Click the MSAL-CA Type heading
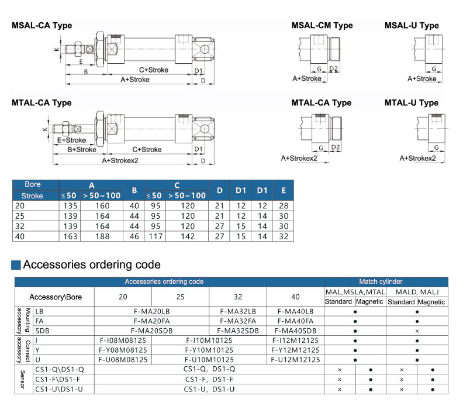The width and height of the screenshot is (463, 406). point(42,26)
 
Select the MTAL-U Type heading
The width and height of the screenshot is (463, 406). point(412,103)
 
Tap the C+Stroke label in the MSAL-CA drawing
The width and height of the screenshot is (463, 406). point(154,70)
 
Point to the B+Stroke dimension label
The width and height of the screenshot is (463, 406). point(81,150)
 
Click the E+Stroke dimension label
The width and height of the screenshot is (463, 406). point(72,140)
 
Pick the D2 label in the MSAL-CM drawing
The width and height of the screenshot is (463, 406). point(333,69)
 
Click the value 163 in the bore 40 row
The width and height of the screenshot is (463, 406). point(70,236)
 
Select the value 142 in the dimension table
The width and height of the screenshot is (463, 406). point(188,236)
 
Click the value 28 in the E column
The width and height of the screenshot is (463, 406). point(284,205)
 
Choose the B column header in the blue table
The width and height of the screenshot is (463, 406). point(134,190)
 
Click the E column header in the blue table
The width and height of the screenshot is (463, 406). point(284,190)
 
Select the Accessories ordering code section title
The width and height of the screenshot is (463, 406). point(91,265)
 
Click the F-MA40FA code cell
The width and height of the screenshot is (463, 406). point(296,321)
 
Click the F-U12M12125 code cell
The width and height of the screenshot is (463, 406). point(296,359)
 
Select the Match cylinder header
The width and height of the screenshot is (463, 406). point(385,281)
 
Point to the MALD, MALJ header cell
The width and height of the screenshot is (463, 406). point(417,291)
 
